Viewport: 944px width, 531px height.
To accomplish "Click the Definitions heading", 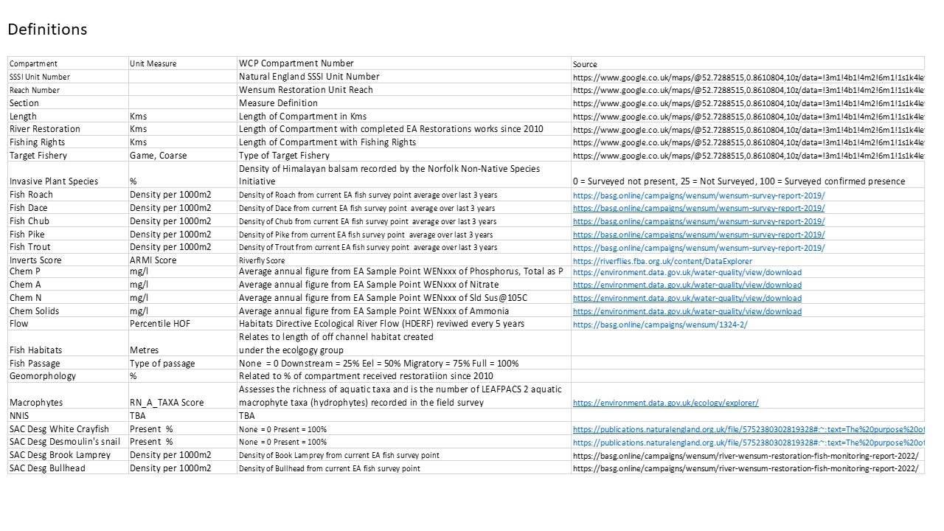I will click(x=47, y=29).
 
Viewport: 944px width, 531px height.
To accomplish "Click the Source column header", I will click(x=585, y=64).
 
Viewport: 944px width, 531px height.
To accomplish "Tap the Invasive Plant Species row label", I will click(x=54, y=181).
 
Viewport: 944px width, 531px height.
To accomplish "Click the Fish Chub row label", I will click(x=29, y=221).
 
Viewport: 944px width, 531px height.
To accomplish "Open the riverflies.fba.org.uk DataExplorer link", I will click(x=662, y=261).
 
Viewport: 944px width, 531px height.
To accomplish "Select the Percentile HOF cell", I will click(x=161, y=324).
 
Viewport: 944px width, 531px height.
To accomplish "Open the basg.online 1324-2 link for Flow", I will click(x=660, y=324).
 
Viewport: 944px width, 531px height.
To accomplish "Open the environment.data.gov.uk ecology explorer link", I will click(x=665, y=403).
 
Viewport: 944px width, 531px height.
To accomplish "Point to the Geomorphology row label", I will click(x=43, y=376).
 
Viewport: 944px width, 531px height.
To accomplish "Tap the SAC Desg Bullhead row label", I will click(x=47, y=468).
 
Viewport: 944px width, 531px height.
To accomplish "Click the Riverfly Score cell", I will click(x=262, y=261).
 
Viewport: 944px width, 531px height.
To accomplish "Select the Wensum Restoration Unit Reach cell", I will click(x=306, y=90).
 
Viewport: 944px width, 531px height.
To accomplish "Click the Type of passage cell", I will click(x=162, y=364).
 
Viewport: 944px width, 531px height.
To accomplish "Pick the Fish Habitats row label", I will click(x=36, y=350).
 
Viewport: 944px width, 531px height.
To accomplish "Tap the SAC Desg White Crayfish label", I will click(x=59, y=429).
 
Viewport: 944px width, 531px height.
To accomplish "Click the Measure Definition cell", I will click(x=278, y=103).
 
